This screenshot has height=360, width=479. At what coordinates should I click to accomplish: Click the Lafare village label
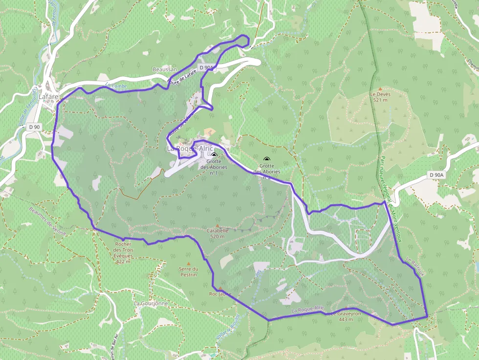coord(49,97)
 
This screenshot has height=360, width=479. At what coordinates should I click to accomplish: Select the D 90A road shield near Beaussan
coord(206,67)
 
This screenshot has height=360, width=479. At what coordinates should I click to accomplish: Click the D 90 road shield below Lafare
coord(34,127)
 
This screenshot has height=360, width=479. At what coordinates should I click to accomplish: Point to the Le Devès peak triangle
coord(380,89)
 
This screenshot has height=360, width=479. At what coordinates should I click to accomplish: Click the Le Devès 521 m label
coord(380,97)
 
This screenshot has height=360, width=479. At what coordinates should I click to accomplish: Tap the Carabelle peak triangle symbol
coord(218,226)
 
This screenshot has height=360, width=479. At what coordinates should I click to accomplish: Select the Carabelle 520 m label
coord(218,233)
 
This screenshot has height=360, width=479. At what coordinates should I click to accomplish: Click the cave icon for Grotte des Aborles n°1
coord(214,155)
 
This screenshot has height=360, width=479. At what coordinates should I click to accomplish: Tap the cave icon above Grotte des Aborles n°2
coord(266,159)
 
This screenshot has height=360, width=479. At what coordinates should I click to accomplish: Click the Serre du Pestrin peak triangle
coord(188,262)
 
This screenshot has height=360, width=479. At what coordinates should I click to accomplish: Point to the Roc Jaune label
coord(220,294)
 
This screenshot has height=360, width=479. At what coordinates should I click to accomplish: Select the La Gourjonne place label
coord(151,303)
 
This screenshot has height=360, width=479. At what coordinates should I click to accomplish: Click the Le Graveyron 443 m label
coord(346,317)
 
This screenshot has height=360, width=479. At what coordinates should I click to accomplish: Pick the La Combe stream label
coord(116,86)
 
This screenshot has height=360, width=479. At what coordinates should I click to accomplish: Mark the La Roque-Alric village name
coord(190,148)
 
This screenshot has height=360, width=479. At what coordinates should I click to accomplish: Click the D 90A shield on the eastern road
coord(436,175)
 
